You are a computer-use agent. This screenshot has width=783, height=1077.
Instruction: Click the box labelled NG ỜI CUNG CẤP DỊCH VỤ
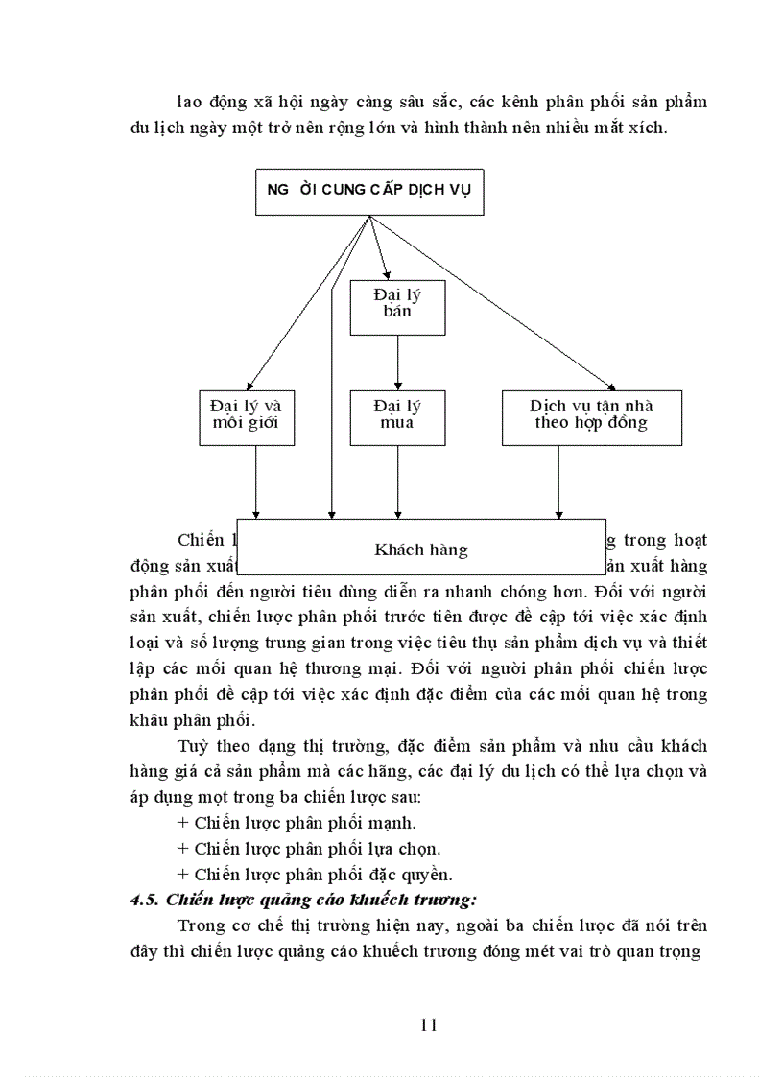point(368,191)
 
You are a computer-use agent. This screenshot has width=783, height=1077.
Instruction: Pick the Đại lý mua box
point(397,416)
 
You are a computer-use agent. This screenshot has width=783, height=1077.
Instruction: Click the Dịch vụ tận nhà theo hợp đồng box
point(591,416)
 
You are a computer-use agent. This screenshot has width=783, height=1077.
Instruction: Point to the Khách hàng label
point(421,550)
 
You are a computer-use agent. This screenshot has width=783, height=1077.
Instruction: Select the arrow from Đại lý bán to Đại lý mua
point(397,363)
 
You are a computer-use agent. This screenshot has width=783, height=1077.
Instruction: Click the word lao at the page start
point(189,102)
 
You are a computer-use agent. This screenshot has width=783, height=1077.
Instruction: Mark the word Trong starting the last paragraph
point(202,925)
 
